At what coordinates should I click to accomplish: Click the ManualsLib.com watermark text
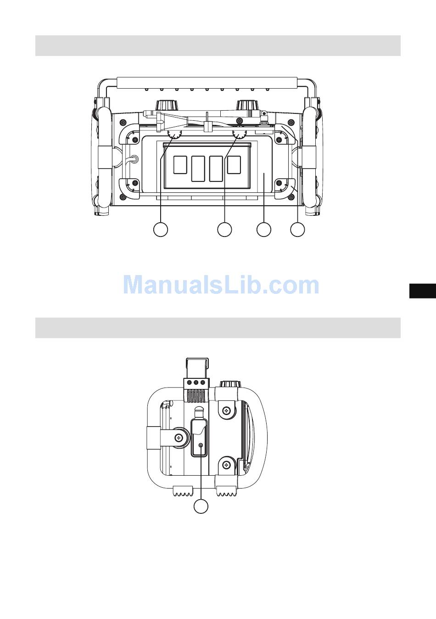[221, 285]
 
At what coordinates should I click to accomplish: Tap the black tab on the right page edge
[423, 291]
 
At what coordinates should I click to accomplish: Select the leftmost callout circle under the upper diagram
[161, 229]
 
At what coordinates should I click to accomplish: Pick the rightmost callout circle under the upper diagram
[298, 229]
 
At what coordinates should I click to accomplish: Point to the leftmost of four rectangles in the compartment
[180, 165]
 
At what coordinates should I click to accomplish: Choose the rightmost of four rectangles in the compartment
[234, 165]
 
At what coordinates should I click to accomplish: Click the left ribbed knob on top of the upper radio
[167, 106]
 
